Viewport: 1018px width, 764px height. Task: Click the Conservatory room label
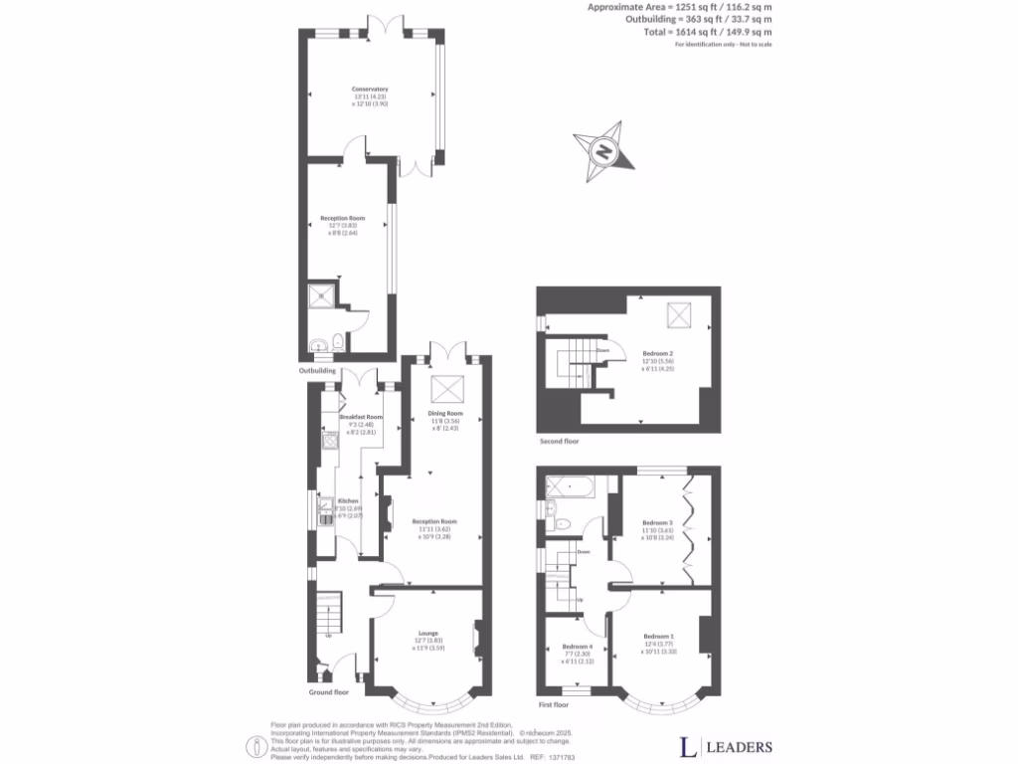[x=369, y=90]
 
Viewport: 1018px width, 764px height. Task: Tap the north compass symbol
[x=602, y=152]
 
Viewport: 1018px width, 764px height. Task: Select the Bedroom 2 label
[x=658, y=354]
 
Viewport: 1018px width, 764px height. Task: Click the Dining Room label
[x=445, y=413]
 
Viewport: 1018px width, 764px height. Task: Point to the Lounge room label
[x=427, y=633]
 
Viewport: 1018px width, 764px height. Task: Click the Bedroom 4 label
[x=570, y=646]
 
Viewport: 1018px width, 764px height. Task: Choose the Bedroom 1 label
[x=658, y=636]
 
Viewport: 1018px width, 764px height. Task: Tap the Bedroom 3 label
[x=657, y=522]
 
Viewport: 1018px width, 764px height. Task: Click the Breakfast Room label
[x=361, y=417]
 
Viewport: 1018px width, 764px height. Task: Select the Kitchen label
[x=348, y=500]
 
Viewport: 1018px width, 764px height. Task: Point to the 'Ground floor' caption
[x=329, y=691]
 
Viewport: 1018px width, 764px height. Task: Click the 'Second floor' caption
[x=558, y=441]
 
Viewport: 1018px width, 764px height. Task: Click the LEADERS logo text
[x=739, y=746]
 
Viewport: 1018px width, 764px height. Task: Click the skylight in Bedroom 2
[x=679, y=315]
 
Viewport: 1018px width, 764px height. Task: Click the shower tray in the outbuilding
[x=321, y=295]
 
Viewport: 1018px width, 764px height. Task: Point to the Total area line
[x=707, y=32]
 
